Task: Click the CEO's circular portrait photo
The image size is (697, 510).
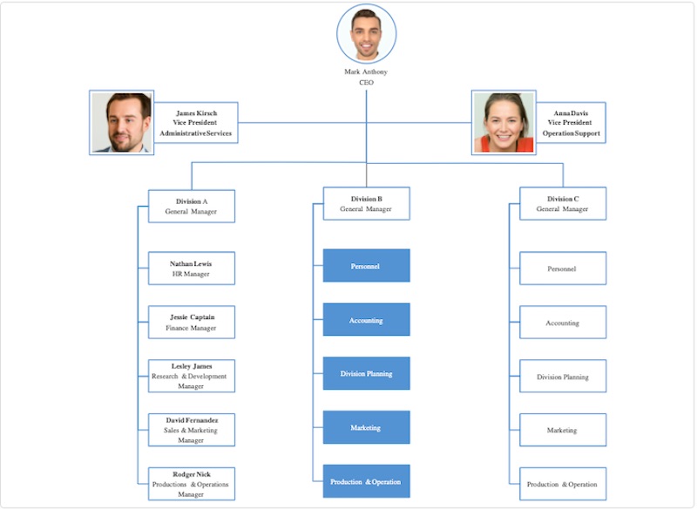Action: coord(366,33)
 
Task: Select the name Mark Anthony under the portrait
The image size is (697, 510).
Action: coord(366,71)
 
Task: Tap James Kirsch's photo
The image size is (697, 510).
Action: coord(122,122)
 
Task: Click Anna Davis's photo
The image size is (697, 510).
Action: coord(504,122)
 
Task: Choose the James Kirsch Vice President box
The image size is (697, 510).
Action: coord(196,123)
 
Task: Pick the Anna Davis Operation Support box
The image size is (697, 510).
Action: coord(572,123)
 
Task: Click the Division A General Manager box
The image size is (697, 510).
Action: coord(191,206)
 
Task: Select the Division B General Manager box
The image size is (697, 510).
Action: coord(366,203)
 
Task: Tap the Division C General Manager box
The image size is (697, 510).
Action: coord(562,203)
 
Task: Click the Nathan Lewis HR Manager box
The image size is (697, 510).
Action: coord(191,269)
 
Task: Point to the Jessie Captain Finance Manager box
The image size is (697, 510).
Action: coord(191,323)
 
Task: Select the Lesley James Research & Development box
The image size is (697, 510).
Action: coord(191,376)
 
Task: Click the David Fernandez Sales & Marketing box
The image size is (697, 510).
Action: coord(191,430)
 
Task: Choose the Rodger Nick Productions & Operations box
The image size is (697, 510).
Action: coord(191,484)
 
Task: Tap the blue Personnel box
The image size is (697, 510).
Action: coord(366,266)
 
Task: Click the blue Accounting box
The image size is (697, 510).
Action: coord(366,320)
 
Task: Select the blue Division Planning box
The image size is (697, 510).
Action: coord(366,373)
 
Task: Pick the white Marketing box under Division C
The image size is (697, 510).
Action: coord(562,430)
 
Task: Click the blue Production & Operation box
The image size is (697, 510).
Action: coord(366,481)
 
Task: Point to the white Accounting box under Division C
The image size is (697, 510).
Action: coord(562,323)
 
